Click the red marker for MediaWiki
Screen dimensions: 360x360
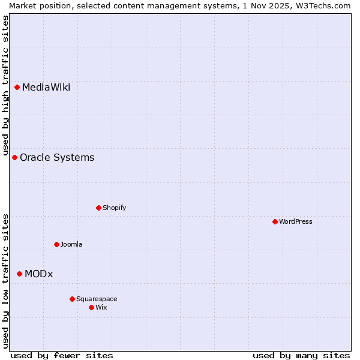coord(17,88)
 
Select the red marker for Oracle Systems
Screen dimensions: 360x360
coord(14,158)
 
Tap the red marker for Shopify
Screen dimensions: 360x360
coord(98,208)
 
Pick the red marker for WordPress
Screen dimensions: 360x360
coord(275,222)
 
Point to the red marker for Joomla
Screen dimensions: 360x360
coord(56,245)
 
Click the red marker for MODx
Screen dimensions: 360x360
coord(19,274)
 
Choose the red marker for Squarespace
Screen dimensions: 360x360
coord(72,299)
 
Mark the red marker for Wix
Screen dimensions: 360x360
coord(91,308)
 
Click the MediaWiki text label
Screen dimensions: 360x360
coord(46,88)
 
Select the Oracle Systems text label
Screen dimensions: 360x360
coord(57,158)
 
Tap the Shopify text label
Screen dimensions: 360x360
coord(114,208)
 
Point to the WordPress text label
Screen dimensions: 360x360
coord(296,222)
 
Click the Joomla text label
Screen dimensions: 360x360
coord(71,245)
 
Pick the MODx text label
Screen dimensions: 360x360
coord(38,274)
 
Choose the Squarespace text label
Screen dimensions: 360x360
coord(97,299)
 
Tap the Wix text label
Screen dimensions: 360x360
coord(101,308)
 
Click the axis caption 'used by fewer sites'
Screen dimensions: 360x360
coord(62,356)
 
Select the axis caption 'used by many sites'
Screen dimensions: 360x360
coord(301,356)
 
